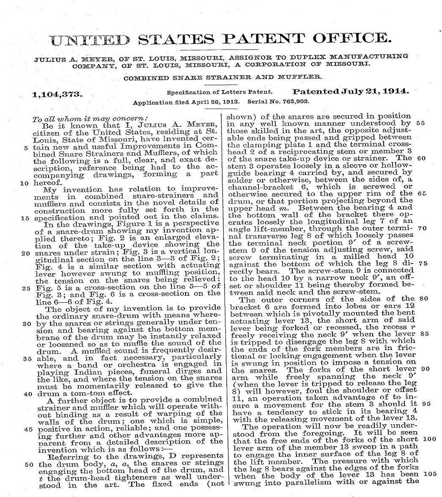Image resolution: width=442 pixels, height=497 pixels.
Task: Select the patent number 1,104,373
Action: [57, 94]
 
